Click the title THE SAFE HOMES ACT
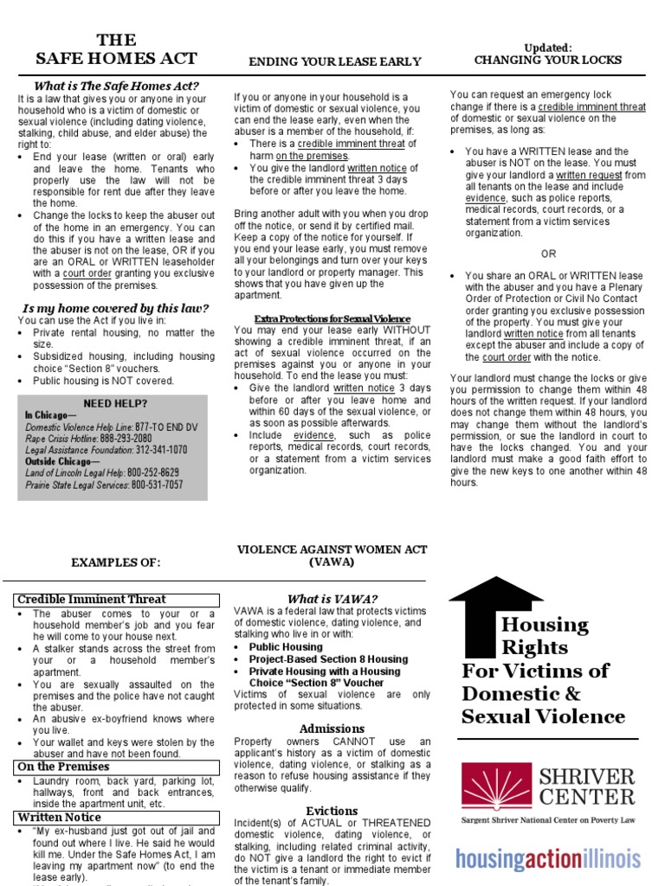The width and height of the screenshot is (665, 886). click(x=116, y=49)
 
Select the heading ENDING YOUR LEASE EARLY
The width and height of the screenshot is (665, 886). click(x=335, y=61)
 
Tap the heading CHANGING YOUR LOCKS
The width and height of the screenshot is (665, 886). click(x=547, y=60)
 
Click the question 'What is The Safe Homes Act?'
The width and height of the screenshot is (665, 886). click(x=116, y=86)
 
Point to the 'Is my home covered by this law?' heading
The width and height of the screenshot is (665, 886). click(x=115, y=308)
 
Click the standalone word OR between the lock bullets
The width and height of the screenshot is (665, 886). click(x=548, y=254)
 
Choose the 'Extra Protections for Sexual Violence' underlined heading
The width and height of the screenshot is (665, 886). click(x=332, y=318)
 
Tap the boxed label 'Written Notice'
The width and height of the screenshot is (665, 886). click(x=60, y=818)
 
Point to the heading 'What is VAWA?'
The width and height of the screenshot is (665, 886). click(x=332, y=599)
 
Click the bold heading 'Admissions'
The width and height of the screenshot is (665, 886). click(x=332, y=729)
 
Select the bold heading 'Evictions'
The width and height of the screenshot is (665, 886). click(x=332, y=811)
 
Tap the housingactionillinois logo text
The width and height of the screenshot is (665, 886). click(x=548, y=858)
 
